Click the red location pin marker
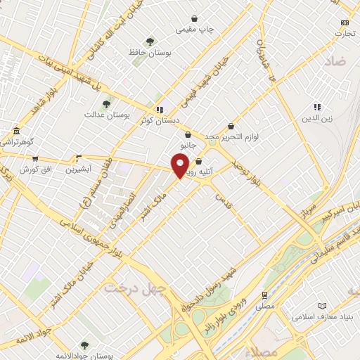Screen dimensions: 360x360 click(x=180, y=165)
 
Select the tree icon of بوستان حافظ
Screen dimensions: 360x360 click(x=149, y=41)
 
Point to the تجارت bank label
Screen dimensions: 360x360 click(x=345, y=33)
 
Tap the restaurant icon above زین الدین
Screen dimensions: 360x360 click(x=317, y=107)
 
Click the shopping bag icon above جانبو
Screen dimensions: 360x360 click(x=187, y=134)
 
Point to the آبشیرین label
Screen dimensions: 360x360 click(x=78, y=169)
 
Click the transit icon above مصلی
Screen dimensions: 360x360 click(x=264, y=295)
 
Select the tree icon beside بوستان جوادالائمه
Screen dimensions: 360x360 click(x=84, y=345)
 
